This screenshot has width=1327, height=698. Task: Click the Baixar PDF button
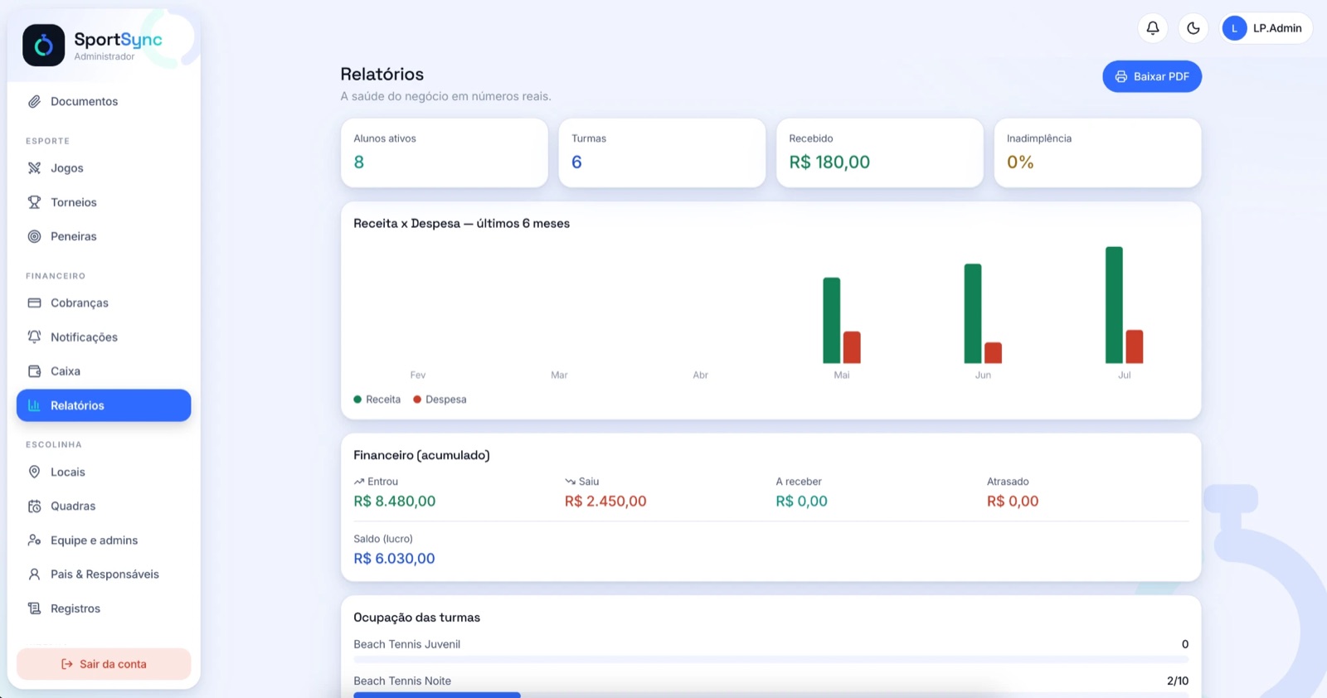coord(1152,76)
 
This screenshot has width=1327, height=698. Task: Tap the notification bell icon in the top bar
coord(1152,28)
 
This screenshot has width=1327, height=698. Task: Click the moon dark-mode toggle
coord(1193,28)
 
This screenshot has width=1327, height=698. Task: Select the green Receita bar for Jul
coord(1114,305)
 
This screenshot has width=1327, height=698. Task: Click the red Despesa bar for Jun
coord(993,353)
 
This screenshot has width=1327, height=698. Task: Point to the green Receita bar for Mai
coord(831,320)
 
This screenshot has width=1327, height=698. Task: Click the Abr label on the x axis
coord(700,375)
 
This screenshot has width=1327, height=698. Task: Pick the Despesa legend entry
coord(440,399)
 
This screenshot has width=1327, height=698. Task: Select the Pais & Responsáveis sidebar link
coord(104,574)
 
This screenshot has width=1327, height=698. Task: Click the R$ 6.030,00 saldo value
coord(394,558)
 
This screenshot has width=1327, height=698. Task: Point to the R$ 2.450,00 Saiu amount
coord(605,501)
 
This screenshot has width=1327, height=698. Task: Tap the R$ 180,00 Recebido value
coord(829,162)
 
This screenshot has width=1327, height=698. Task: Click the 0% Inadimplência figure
coord(1020,162)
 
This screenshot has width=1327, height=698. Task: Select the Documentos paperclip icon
coord(34,101)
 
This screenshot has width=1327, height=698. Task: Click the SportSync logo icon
coord(43,45)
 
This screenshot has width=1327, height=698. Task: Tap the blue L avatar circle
coord(1235,28)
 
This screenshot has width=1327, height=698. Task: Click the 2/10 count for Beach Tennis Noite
coord(1178,681)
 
